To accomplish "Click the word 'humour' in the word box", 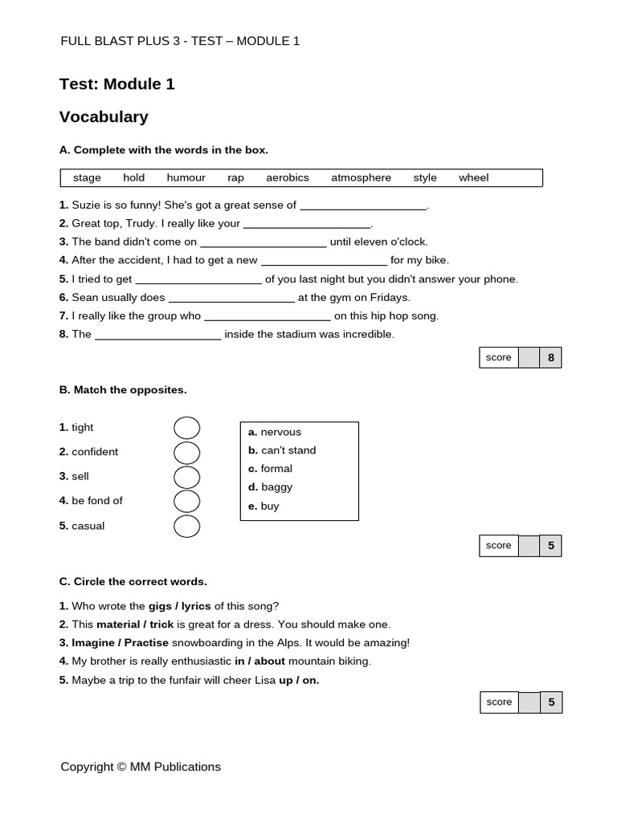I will [186, 177].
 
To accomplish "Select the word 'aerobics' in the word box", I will [287, 177].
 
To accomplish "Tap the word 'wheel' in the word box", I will [473, 177].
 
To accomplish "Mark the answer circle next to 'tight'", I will [186, 428].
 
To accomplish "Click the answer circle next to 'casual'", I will [186, 527].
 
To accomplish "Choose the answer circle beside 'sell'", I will [186, 477].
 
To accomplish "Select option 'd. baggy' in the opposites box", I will [270, 487].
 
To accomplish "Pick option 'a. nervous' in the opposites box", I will [275, 432].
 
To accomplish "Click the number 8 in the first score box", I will [550, 358].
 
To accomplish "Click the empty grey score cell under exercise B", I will [529, 546].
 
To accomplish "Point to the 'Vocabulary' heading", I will [104, 117].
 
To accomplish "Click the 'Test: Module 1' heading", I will [116, 84].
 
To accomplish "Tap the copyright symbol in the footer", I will [122, 767].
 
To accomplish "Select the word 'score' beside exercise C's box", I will [499, 702].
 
